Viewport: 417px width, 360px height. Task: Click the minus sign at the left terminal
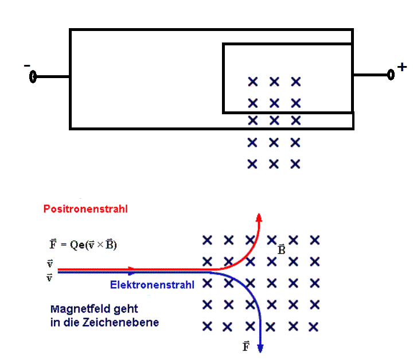[27, 65]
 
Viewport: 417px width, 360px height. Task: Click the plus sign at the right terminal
[402, 67]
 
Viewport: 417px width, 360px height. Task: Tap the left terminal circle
[33, 77]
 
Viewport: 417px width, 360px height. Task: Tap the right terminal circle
[391, 75]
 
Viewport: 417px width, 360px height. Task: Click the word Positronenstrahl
[85, 209]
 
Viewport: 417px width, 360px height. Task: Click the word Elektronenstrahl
[152, 285]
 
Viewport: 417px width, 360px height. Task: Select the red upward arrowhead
[259, 217]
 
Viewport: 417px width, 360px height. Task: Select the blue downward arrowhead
[260, 349]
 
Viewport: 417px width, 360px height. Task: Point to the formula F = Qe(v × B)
[83, 244]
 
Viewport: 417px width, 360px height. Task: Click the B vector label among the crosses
[282, 249]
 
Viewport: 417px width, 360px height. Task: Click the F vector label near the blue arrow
[246, 346]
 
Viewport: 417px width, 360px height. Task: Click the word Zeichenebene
[120, 323]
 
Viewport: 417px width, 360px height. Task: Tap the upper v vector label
[50, 264]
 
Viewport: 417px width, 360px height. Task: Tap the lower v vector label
[49, 278]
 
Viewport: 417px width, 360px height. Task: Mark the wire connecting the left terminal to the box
[53, 77]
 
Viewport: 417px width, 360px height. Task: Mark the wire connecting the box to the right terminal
[371, 75]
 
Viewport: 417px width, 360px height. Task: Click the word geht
[126, 309]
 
